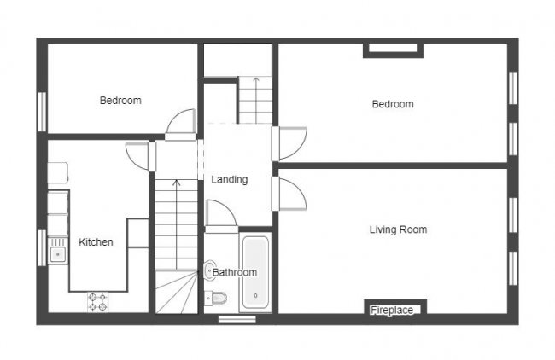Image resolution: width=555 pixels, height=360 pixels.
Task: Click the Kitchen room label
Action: [x=96, y=242]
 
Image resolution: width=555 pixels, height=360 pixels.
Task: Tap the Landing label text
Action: [x=230, y=179]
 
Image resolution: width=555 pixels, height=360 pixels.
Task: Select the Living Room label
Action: [x=398, y=229]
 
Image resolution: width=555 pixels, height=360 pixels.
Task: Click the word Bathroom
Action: [x=235, y=272]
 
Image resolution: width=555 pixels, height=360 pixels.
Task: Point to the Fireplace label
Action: [x=392, y=311]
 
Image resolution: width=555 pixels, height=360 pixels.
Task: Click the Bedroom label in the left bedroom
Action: [x=120, y=101]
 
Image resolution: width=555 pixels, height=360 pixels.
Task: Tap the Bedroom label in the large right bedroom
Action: [x=393, y=104]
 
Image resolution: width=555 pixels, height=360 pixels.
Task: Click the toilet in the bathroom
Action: [x=219, y=298]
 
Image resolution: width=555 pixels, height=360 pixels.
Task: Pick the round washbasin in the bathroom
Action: [x=210, y=270]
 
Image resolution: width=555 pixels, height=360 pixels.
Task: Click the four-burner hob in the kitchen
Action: [x=96, y=302]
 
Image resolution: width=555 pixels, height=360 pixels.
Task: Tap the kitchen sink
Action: [x=58, y=253]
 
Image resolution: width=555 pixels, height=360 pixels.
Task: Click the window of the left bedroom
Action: [x=41, y=111]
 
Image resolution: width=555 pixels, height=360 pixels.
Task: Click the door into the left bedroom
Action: [x=180, y=125]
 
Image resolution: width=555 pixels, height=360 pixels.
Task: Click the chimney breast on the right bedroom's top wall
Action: [x=393, y=49]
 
